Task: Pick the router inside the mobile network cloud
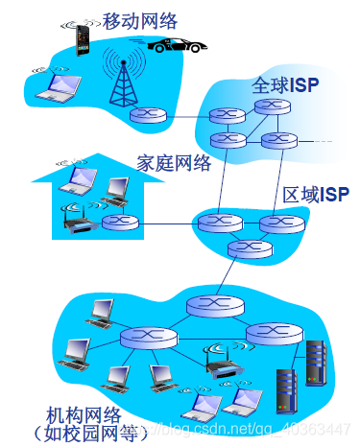[148, 116]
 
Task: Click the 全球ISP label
[285, 85]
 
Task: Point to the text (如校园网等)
[91, 435]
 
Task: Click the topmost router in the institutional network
[208, 308]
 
